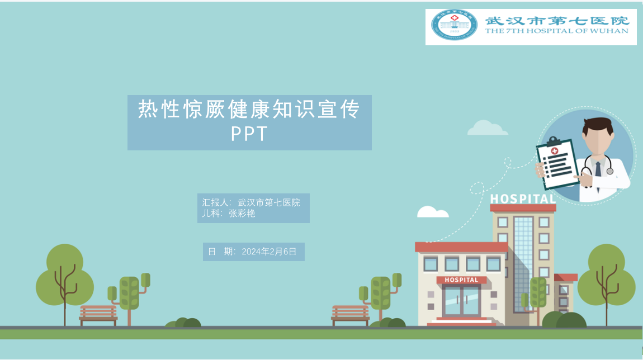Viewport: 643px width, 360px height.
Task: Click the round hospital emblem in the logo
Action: [455, 25]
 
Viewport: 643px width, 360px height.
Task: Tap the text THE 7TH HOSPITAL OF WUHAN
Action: [556, 31]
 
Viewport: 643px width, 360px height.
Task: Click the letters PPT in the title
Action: [249, 133]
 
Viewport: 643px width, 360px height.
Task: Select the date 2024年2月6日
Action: [269, 252]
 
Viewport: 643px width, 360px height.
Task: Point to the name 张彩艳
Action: [242, 213]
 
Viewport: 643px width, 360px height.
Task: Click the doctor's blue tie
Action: [598, 169]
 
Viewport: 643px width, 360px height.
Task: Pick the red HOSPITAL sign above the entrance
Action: [461, 280]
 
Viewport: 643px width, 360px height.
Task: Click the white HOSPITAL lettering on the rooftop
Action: [523, 199]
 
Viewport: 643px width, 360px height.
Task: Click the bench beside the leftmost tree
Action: [98, 315]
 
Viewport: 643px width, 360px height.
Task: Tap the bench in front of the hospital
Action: [350, 315]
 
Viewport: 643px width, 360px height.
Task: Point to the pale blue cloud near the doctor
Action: [488, 128]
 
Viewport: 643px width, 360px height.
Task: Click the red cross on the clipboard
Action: [555, 151]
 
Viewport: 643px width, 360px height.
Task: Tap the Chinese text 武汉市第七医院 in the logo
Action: [557, 21]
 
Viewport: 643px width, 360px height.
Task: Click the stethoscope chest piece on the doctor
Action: [610, 172]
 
